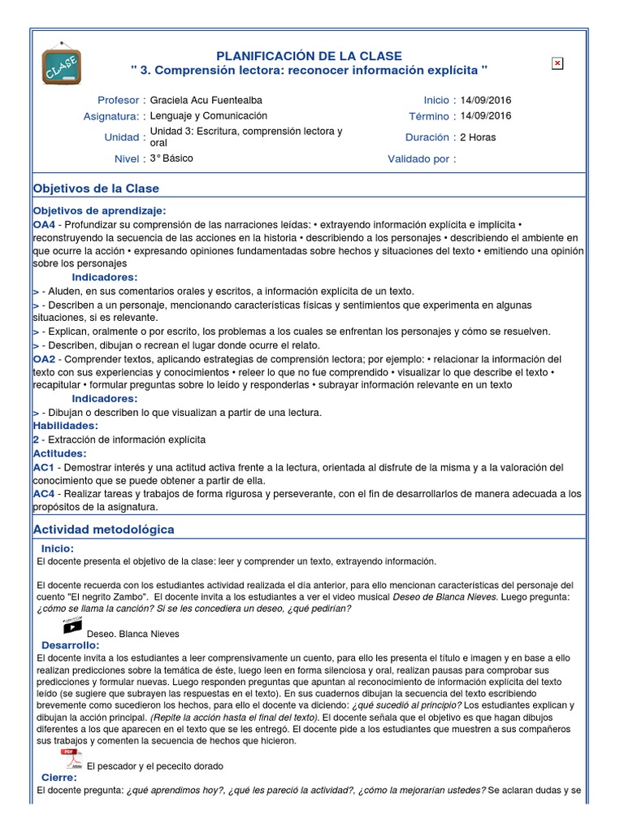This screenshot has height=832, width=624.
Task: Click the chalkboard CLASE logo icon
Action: [61, 63]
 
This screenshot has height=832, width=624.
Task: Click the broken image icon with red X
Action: [557, 63]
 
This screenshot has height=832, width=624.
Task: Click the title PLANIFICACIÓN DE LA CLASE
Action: [308, 55]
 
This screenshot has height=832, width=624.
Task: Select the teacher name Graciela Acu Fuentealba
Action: [206, 100]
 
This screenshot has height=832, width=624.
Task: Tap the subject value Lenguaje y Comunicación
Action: [209, 115]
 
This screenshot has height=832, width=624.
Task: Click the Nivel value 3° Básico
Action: [171, 158]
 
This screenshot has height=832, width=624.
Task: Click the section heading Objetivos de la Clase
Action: [96, 188]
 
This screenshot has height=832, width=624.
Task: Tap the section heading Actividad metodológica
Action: [103, 530]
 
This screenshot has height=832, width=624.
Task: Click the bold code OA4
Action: [44, 223]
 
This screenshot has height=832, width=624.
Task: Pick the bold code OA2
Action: [44, 358]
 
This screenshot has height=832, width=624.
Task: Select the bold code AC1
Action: [44, 468]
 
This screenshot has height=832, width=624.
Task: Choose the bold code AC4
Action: [44, 494]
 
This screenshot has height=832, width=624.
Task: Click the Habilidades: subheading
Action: [65, 426]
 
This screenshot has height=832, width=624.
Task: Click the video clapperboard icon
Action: [72, 626]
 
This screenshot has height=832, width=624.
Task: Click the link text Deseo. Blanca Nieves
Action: [132, 634]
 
